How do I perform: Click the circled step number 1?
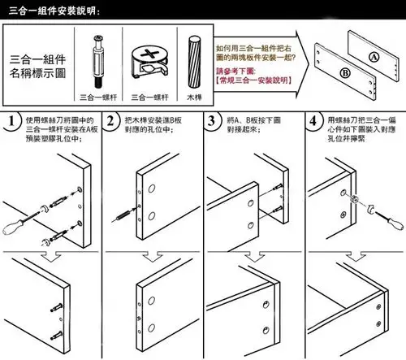11,123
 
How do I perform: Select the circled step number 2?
112,123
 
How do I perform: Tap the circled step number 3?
213,123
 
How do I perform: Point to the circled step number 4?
313,123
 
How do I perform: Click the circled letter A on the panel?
373,57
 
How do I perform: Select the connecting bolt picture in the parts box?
97,60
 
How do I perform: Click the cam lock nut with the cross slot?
149,63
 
